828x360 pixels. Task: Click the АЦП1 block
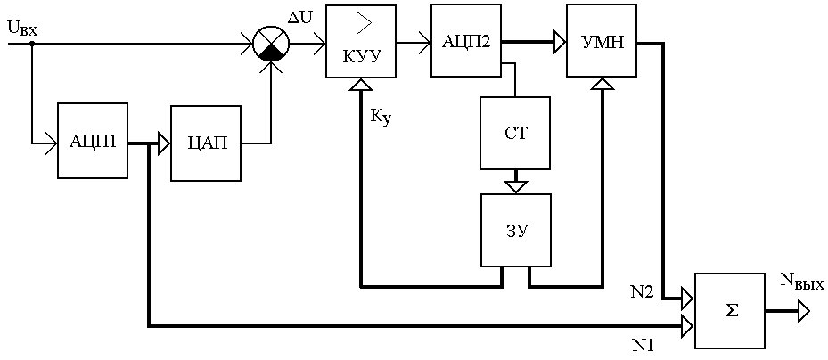click(x=93, y=141)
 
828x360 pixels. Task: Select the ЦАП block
click(x=207, y=143)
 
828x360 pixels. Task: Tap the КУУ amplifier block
click(x=361, y=41)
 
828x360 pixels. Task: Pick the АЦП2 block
click(x=466, y=41)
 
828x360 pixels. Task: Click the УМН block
click(x=602, y=41)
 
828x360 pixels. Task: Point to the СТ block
click(x=515, y=133)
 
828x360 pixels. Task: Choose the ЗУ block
click(x=515, y=230)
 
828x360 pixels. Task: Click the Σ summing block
click(x=730, y=310)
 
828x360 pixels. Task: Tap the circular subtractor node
click(x=272, y=44)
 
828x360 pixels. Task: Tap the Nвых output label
click(x=802, y=285)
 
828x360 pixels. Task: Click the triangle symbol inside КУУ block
click(x=365, y=22)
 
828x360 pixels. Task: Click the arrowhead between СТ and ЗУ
click(x=515, y=186)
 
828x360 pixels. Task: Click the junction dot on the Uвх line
click(x=32, y=44)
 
